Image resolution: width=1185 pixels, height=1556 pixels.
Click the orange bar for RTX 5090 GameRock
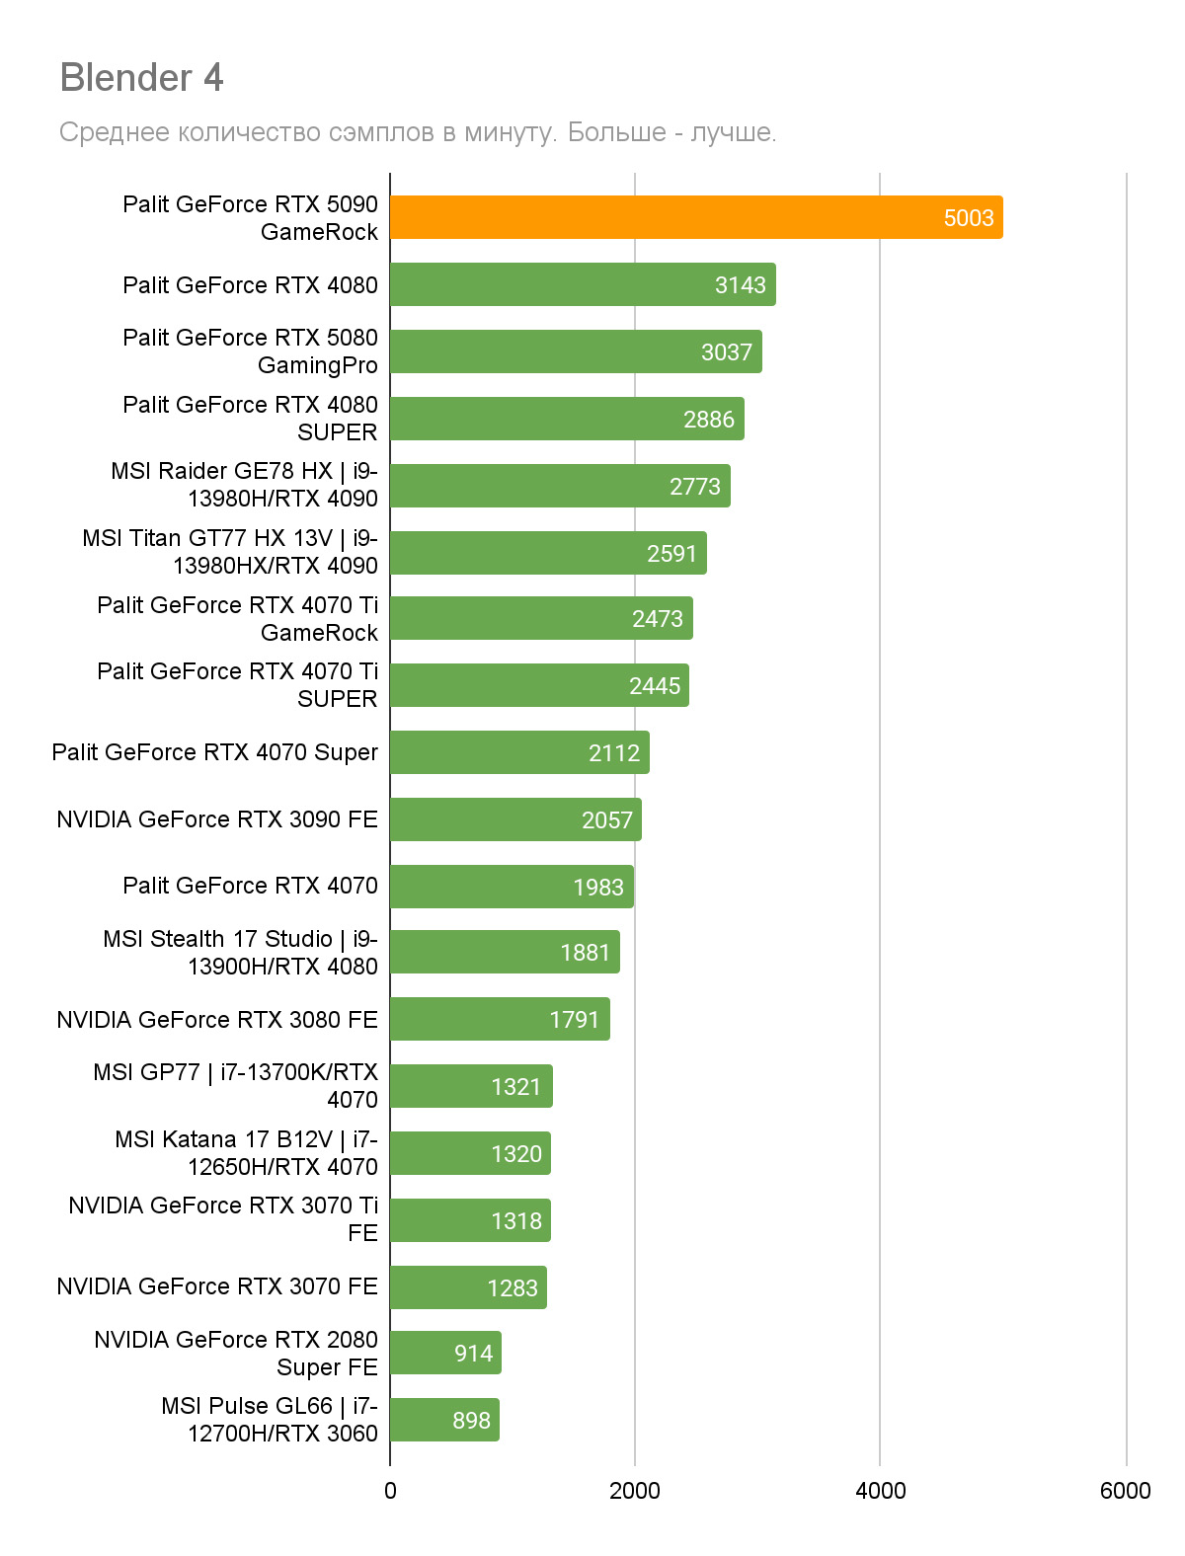pyautogui.click(x=695, y=217)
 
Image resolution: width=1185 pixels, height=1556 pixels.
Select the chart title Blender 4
pyautogui.click(x=142, y=77)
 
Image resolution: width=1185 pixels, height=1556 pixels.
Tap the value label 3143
pyautogui.click(x=740, y=285)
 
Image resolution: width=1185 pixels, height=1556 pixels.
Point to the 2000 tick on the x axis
pyautogui.click(x=634, y=1491)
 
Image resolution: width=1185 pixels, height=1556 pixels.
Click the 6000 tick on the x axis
pyautogui.click(x=1125, y=1491)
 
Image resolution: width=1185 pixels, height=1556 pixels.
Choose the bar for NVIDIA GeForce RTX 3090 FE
pyautogui.click(x=515, y=819)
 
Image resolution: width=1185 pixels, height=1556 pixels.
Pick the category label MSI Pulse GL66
pyautogui.click(x=269, y=1420)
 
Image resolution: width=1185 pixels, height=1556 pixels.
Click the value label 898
pyautogui.click(x=471, y=1421)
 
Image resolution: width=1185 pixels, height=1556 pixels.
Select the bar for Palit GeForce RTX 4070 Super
pyautogui.click(x=519, y=752)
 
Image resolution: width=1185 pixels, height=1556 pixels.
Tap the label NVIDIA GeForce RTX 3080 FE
pyautogui.click(x=217, y=1020)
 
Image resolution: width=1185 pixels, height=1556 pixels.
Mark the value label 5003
pyautogui.click(x=968, y=218)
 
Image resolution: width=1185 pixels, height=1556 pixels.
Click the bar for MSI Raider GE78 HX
pyautogui.click(x=560, y=486)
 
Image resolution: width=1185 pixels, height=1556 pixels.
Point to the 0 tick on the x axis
pyautogui.click(x=390, y=1491)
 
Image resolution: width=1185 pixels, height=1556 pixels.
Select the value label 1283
pyautogui.click(x=512, y=1288)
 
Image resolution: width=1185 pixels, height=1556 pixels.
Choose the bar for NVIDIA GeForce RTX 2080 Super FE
pyautogui.click(x=445, y=1353)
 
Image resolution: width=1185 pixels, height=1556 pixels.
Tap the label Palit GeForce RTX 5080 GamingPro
pyautogui.click(x=250, y=351)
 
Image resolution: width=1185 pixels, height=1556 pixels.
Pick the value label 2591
pyautogui.click(x=671, y=554)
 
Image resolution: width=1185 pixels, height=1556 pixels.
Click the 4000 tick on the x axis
pyautogui.click(x=880, y=1491)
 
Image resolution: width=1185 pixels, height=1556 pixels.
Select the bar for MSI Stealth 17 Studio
pyautogui.click(x=505, y=952)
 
